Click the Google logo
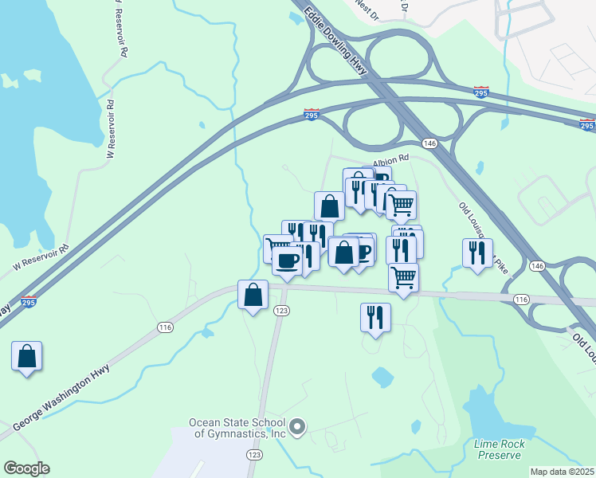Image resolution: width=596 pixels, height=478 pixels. point(26,468)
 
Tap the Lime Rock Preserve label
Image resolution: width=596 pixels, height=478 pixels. point(498,449)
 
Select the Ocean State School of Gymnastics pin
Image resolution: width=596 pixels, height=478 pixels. point(297,428)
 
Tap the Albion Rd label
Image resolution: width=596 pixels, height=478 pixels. point(393,158)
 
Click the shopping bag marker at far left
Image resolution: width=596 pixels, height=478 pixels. point(27,356)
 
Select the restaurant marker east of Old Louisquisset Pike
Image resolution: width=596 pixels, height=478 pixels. point(477,253)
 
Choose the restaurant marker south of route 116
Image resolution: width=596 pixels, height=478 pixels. point(375,318)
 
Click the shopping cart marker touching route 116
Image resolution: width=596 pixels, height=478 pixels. point(404,278)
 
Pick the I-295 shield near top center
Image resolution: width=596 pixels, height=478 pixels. point(312,116)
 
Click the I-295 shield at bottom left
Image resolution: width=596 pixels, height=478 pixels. point(29,302)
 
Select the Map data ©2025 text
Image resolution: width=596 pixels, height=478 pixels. point(562,472)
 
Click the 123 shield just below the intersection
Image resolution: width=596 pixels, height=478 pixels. point(280,310)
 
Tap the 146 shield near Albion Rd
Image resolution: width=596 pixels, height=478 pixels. point(429,143)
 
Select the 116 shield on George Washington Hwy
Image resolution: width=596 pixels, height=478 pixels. point(166,327)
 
